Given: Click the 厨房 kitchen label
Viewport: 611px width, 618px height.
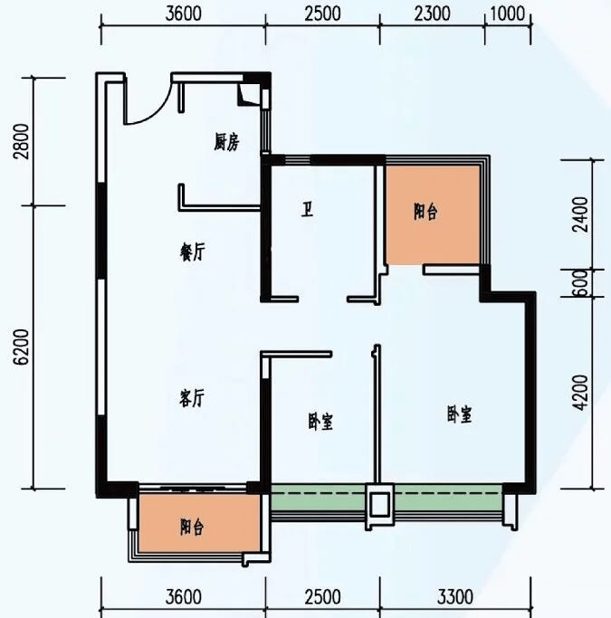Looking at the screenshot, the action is click(226, 142).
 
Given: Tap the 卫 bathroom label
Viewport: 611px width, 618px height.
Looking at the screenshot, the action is click(307, 210).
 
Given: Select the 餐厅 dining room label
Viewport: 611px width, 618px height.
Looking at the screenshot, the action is click(193, 252).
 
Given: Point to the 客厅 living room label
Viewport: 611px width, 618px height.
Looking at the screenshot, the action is click(192, 398).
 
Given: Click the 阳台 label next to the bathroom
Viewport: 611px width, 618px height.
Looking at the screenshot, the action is click(425, 212).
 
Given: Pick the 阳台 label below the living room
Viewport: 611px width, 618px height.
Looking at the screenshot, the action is click(192, 527).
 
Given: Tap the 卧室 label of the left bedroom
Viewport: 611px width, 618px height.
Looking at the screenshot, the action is click(320, 422).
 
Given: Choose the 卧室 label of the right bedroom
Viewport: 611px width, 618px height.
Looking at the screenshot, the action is click(459, 414).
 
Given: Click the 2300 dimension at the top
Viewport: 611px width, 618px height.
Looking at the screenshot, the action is click(433, 14).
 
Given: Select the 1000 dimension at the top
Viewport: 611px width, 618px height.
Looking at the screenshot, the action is click(508, 14).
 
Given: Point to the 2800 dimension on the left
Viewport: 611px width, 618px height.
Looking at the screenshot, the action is click(22, 141).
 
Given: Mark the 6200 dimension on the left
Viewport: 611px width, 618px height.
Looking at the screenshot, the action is click(22, 347).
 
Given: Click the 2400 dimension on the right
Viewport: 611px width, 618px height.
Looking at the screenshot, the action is click(581, 214).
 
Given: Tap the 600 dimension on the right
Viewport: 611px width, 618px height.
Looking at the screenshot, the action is click(581, 283).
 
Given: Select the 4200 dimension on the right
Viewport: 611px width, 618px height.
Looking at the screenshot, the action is click(581, 392).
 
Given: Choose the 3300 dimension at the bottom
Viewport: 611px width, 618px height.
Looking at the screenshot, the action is click(455, 596).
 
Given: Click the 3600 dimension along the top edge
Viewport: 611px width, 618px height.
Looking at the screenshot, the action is click(183, 14).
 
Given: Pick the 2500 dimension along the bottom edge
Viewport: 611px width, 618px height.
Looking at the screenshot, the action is click(322, 596).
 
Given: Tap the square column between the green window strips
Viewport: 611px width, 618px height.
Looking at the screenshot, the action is click(379, 504).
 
